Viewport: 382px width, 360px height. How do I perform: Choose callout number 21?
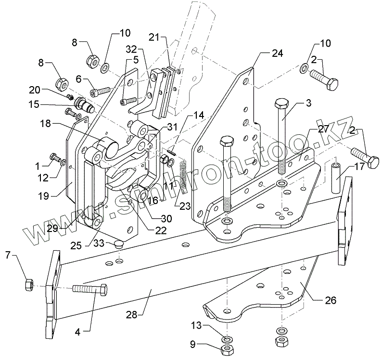pyautogui.click(x=153, y=38)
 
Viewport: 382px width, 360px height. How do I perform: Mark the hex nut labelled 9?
pyautogui.click(x=225, y=349)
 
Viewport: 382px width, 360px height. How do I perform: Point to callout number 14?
pyautogui.click(x=199, y=116)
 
